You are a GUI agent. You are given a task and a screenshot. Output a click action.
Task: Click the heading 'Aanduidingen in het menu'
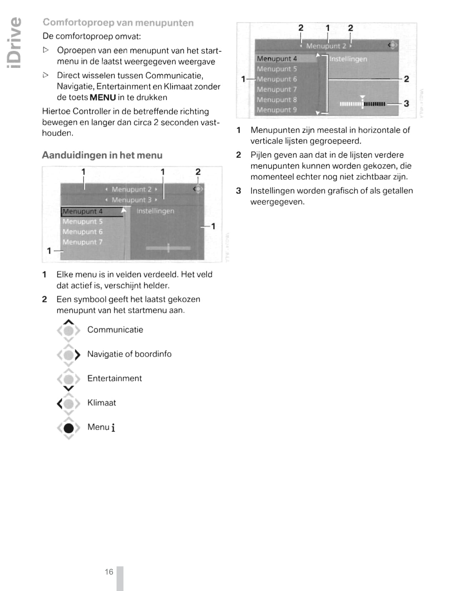click(x=102, y=155)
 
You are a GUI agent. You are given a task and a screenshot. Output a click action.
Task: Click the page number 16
click(x=109, y=572)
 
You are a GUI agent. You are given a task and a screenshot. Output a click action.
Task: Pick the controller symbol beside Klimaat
click(x=69, y=404)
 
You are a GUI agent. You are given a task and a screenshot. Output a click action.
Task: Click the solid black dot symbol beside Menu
click(x=69, y=428)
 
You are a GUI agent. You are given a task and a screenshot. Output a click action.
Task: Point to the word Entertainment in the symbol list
click(x=114, y=378)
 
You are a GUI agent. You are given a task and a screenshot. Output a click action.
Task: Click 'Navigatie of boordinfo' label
click(x=129, y=354)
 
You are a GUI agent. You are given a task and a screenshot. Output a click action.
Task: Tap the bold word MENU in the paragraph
click(x=103, y=98)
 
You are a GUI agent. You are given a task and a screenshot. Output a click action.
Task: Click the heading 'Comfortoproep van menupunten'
click(x=118, y=23)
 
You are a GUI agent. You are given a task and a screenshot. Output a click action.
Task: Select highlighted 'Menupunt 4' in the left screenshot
click(x=82, y=211)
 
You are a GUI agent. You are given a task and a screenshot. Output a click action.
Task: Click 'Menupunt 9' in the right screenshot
click(x=277, y=110)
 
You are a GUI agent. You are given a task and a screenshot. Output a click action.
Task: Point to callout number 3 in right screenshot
click(x=406, y=104)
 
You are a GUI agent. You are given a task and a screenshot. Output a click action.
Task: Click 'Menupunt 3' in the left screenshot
click(x=131, y=200)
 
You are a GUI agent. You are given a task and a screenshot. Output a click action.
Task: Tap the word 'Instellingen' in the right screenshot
click(x=348, y=59)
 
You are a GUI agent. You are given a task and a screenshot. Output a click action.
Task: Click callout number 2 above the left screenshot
click(x=198, y=172)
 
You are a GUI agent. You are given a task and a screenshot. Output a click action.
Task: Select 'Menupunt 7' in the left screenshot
click(x=82, y=242)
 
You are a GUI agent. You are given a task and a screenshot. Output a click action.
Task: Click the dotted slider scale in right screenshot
click(x=362, y=104)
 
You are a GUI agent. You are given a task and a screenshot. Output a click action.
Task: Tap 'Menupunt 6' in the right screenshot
click(x=277, y=79)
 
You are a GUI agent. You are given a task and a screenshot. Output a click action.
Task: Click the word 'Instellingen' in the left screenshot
click(x=155, y=211)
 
